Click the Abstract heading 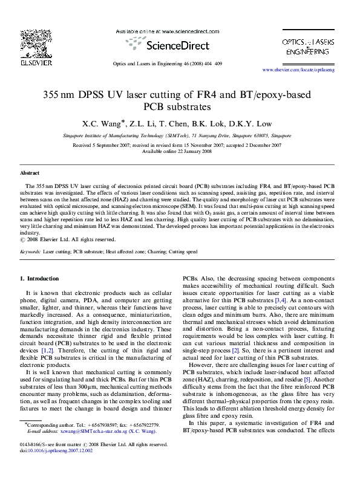point(30,172)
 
